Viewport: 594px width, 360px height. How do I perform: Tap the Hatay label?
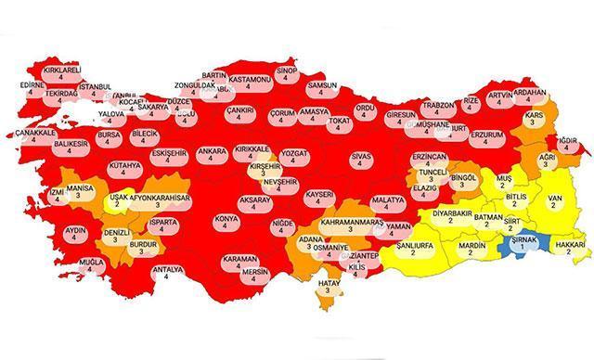(x=326, y=285)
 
